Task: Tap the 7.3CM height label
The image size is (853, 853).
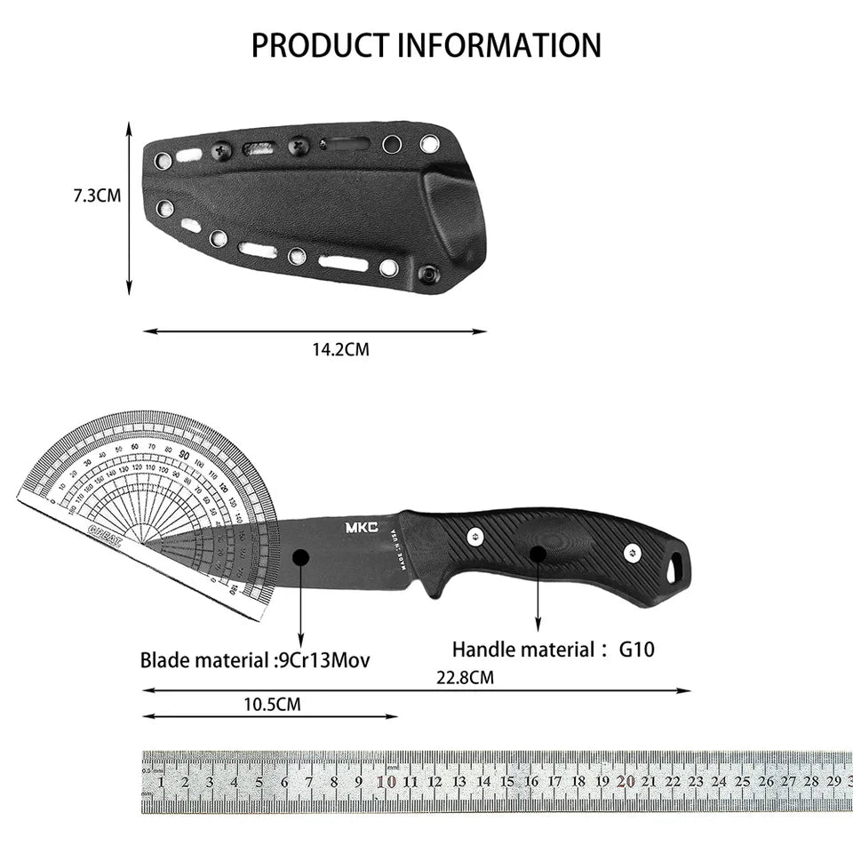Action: pos(97,195)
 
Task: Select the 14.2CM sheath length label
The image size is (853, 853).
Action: pos(340,349)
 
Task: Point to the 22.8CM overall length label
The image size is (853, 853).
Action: pos(465,677)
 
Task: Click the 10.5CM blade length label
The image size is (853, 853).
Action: pos(272,705)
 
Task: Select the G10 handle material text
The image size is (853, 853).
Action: pos(636,650)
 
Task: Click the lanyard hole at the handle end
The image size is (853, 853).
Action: pos(678,564)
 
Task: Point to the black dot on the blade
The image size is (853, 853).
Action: pos(300,557)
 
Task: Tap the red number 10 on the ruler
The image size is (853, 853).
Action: pos(387,782)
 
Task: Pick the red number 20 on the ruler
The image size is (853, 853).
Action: pos(626,782)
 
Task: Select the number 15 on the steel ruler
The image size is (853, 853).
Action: pos(507,782)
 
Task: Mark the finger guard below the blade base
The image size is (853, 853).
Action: pos(433,587)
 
